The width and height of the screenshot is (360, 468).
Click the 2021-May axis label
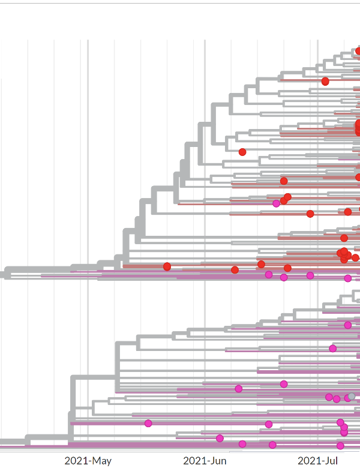(88, 461)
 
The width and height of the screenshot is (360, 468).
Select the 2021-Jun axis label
(205, 461)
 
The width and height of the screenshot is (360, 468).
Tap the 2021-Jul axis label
(317, 461)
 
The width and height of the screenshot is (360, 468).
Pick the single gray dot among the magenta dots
(352, 396)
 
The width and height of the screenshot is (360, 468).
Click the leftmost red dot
(167, 266)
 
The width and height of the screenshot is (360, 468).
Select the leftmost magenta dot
(148, 423)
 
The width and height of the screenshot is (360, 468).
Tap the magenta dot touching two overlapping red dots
(276, 203)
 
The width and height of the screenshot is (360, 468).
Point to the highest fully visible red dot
(325, 81)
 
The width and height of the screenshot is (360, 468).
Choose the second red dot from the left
(235, 270)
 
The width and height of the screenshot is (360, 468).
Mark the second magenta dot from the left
(220, 438)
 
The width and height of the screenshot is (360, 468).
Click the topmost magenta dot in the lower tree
(348, 325)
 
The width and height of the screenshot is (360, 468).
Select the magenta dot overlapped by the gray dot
(347, 398)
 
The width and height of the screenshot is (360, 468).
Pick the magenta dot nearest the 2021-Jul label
(340, 446)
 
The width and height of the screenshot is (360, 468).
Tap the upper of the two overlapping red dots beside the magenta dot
(287, 197)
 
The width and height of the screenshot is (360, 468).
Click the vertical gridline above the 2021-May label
(88, 180)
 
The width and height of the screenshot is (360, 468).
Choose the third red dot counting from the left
(242, 152)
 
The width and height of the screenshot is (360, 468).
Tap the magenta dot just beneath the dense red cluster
(348, 278)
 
